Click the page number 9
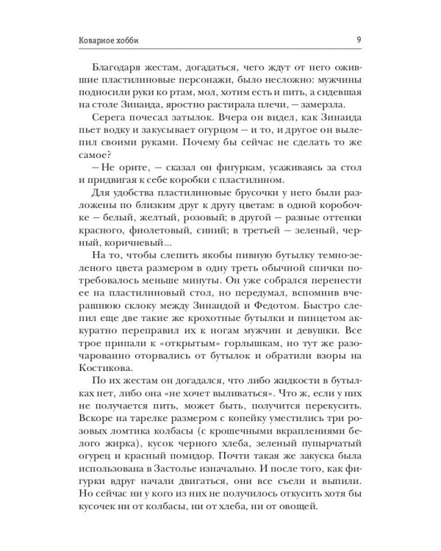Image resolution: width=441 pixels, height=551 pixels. tap(356, 40)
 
